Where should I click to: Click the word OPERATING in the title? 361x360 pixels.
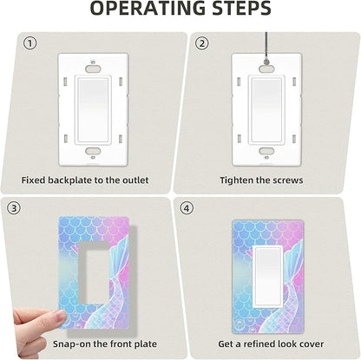[x=148, y=9]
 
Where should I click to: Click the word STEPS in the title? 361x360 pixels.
[x=241, y=9]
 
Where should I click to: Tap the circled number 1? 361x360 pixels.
[x=30, y=43]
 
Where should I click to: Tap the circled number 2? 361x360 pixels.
[x=201, y=43]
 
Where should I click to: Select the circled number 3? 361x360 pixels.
[x=14, y=208]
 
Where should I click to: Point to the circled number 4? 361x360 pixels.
[x=187, y=208]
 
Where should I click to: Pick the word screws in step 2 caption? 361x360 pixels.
[x=287, y=180]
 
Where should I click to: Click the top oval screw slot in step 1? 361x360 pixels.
[x=93, y=69]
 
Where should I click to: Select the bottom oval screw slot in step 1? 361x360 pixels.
[x=93, y=151]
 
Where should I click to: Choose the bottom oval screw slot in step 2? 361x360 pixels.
[x=266, y=151]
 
